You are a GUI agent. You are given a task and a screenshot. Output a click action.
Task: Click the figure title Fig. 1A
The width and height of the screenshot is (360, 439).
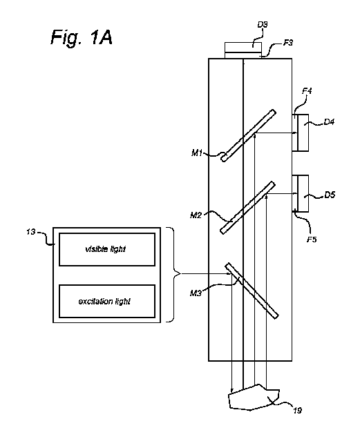pos(82,37)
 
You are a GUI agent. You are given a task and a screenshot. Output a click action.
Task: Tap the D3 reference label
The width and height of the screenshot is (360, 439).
pos(263,25)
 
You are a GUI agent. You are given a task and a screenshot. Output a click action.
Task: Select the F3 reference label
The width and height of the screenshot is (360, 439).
pos(288,43)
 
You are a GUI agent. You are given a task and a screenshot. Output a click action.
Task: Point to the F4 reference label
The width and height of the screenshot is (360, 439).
pos(307,90)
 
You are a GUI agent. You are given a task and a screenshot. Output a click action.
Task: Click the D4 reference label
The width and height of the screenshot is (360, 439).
pos(329,121)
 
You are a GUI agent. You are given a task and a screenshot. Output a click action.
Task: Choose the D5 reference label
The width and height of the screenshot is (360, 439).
pos(330,195)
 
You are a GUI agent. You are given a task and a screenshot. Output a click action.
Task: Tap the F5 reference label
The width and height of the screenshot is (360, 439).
pos(312,240)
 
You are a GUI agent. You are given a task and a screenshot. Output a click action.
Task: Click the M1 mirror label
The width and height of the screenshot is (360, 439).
pos(197,153)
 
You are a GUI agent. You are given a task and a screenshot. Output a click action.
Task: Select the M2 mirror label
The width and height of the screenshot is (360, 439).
pos(196,215)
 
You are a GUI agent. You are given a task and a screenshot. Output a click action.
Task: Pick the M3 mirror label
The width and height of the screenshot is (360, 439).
pos(196,293)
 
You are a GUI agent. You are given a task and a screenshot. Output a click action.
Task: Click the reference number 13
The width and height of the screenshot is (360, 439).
pos(31,232)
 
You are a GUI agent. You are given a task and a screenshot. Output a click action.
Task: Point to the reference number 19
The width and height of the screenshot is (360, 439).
pos(297,411)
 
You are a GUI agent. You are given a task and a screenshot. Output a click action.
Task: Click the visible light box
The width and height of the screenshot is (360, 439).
pos(107,249)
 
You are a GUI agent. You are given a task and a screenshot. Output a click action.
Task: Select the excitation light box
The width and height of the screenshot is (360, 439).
pos(107,301)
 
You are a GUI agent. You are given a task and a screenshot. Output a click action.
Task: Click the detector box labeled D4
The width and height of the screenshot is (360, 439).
pos(303,133)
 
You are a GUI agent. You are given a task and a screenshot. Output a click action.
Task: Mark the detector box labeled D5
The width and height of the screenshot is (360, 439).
pos(303,193)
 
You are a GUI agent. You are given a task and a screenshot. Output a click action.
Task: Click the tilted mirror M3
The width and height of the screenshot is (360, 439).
pos(252,291)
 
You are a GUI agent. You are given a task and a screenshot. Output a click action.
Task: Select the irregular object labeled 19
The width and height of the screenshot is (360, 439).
pos(254,398)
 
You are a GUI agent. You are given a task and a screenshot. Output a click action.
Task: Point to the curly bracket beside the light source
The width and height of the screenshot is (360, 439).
pos(174,275)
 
